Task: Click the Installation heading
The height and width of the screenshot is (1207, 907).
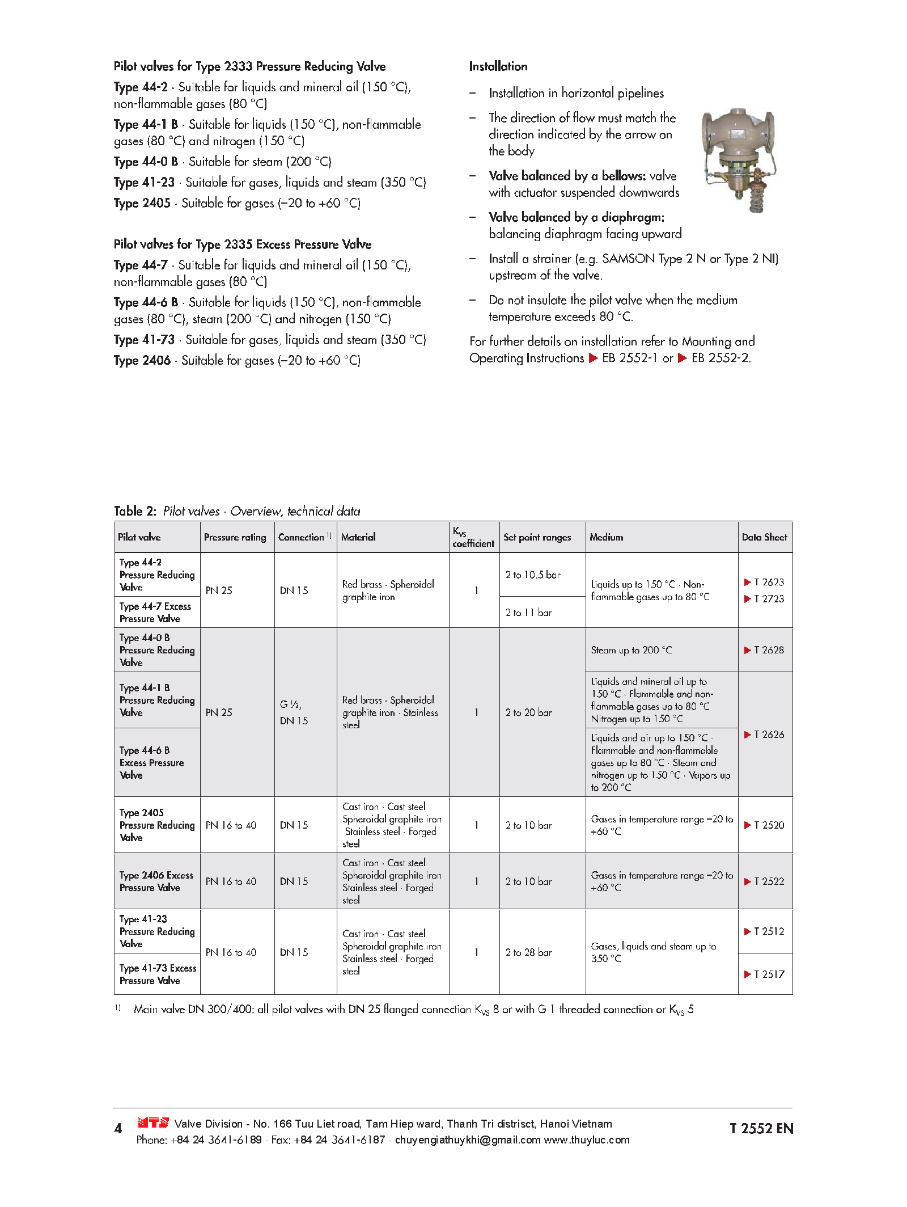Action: coord(498,66)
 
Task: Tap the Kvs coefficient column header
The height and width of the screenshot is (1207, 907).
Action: coord(473,537)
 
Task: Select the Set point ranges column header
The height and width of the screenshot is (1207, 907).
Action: coord(537,537)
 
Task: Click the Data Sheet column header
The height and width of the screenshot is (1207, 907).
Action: coord(764,537)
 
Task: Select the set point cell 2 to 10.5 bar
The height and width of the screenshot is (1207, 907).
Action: coord(533,575)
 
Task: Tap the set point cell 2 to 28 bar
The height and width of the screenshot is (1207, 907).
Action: coord(528,952)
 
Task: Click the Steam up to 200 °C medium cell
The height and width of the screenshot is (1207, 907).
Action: coord(631,650)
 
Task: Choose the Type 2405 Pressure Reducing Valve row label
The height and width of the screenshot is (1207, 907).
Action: coord(156,825)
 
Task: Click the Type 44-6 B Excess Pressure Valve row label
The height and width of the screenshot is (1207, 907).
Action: coord(151,763)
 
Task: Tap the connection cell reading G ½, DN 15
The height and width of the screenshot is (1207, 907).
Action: coord(294,712)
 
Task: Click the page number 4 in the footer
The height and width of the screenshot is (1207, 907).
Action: coord(118,1129)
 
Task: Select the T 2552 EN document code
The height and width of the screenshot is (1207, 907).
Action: coord(761,1129)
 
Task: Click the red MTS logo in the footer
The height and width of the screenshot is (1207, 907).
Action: coord(153,1122)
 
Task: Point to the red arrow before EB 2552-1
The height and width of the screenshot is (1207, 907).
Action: coord(594,358)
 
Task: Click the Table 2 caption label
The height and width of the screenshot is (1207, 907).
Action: coord(135,511)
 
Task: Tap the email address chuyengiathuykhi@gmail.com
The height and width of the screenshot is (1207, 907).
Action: coord(467,1140)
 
